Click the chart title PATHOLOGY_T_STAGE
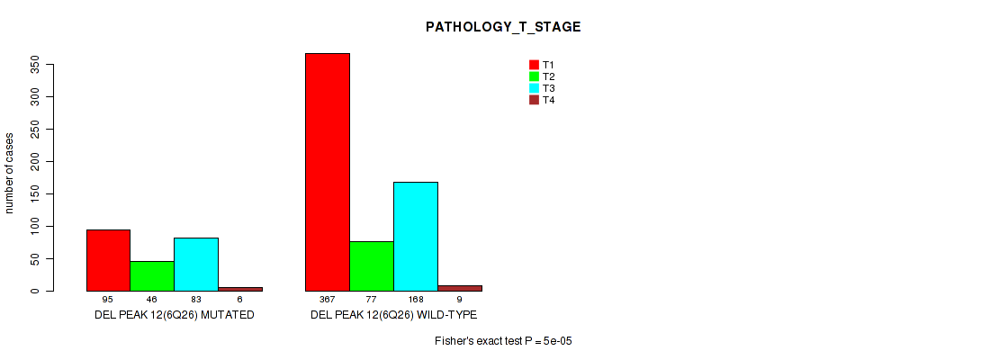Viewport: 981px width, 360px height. point(503,27)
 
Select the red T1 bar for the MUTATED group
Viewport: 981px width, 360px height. point(108,260)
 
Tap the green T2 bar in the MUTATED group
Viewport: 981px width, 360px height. point(152,276)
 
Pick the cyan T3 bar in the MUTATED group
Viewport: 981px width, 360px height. point(196,265)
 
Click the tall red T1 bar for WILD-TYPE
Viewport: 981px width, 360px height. point(328,172)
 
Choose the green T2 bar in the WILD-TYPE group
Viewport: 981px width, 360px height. point(372,266)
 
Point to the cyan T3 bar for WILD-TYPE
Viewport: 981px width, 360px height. point(416,237)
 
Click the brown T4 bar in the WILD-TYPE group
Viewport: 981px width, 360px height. point(460,288)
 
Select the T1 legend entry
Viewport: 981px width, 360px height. point(542,65)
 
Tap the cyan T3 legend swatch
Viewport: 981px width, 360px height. point(535,88)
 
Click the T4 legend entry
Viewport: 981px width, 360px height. point(542,100)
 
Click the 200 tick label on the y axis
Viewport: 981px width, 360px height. point(36,161)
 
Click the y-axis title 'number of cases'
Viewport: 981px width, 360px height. point(9,172)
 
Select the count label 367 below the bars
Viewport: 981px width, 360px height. point(328,300)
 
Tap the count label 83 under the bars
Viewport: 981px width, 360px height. point(196,300)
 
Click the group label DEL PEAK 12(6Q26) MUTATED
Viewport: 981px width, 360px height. point(175,315)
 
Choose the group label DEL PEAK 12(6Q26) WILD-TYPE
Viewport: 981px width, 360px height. point(393,315)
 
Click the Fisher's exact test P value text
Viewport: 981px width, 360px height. point(504,341)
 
